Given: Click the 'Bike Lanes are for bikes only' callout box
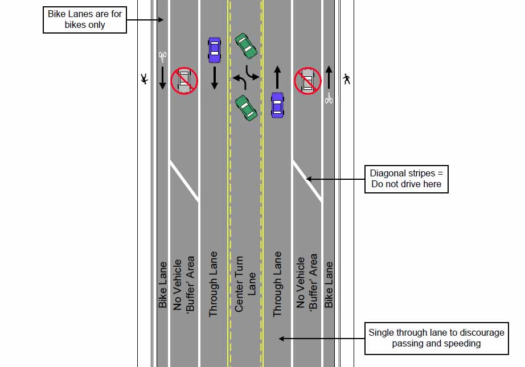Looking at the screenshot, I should [84, 19].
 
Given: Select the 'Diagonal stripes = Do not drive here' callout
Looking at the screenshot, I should [406, 179].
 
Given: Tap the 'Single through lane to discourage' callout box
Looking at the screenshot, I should [436, 338].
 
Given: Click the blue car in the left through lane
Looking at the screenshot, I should [214, 50].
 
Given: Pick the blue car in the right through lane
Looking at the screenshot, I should [277, 105].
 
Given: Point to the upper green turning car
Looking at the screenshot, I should [247, 46].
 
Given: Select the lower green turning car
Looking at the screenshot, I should [246, 108].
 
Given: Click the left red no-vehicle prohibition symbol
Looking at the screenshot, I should [184, 80].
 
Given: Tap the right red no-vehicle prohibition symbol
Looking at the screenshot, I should [307, 80].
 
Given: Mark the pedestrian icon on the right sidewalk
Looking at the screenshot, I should [346, 80].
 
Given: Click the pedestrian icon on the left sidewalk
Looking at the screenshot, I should [145, 80].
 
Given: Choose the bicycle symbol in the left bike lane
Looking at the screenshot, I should [162, 56].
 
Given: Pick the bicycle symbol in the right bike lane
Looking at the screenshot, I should [329, 98].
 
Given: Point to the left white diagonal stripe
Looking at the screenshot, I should [183, 180].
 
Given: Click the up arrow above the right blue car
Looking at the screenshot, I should [277, 77].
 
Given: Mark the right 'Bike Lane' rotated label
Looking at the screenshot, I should [329, 284].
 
